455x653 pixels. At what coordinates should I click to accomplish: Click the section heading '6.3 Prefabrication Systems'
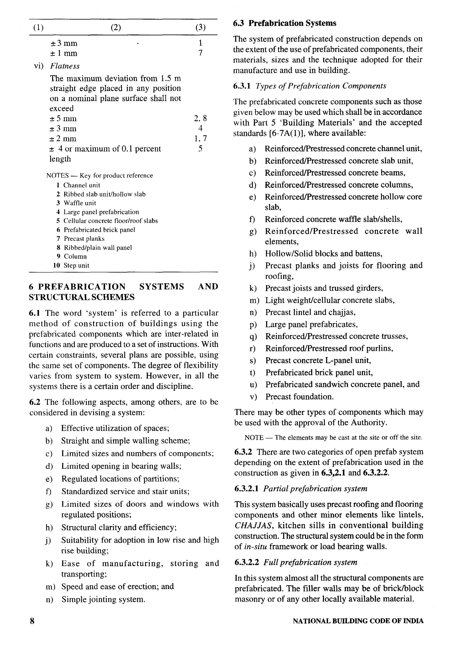tap(285, 23)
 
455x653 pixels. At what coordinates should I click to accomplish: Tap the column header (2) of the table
tap(116, 28)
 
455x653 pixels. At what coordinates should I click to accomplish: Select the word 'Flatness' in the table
tap(65, 66)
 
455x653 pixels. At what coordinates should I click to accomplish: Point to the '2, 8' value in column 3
tap(200, 118)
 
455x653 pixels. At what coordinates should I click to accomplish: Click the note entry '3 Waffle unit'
tap(76, 203)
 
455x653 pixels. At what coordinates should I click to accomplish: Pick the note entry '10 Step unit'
tap(71, 265)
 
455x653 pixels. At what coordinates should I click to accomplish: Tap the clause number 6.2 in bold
tap(34, 402)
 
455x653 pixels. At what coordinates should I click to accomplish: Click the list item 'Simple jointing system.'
tap(103, 599)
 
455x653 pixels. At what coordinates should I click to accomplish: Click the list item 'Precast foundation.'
tap(299, 397)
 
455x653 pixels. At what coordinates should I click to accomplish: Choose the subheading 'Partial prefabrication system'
tap(315, 489)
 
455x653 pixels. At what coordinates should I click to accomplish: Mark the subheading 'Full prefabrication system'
tap(310, 562)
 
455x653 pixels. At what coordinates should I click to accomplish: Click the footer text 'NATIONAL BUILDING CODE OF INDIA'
tap(358, 621)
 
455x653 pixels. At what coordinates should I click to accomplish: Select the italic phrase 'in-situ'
tap(255, 547)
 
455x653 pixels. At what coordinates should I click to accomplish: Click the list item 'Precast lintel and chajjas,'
tap(310, 312)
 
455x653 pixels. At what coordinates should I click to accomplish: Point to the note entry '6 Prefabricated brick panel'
tap(96, 230)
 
